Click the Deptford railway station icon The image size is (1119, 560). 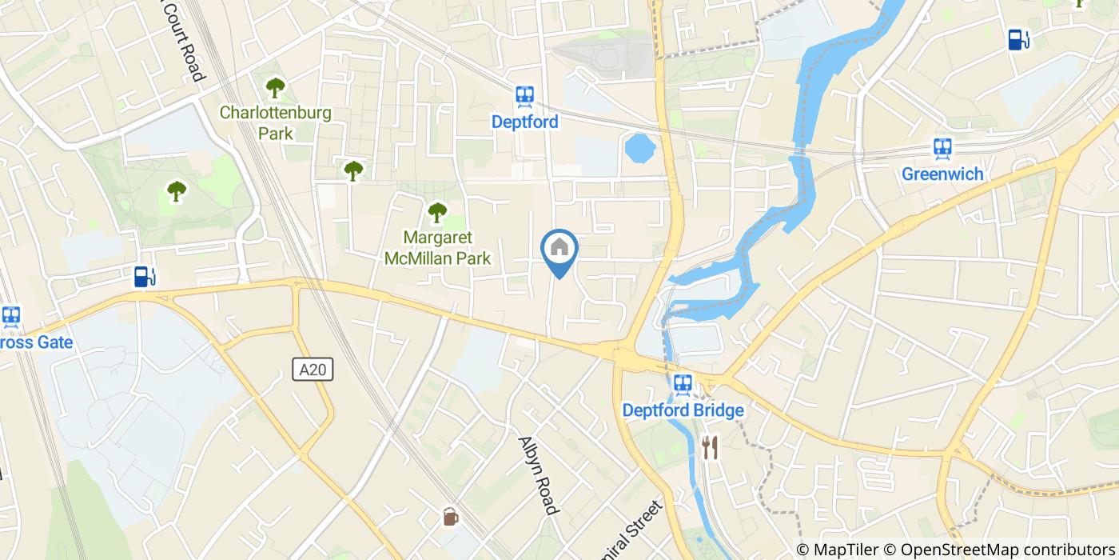pyautogui.click(x=525, y=97)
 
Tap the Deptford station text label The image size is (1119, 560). pyautogui.click(x=525, y=122)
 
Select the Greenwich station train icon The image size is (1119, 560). pyautogui.click(x=942, y=149)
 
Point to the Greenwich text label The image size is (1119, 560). pyautogui.click(x=942, y=174)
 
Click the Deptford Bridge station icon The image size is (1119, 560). pyautogui.click(x=683, y=385)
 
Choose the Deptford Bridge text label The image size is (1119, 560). pyautogui.click(x=683, y=410)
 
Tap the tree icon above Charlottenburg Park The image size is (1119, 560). pyautogui.click(x=275, y=86)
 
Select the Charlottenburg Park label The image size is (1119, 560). pyautogui.click(x=275, y=122)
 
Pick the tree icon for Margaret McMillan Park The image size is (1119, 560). pyautogui.click(x=436, y=212)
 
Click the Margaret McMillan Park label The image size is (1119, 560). pyautogui.click(x=436, y=248)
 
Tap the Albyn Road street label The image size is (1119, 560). pyautogui.click(x=537, y=475)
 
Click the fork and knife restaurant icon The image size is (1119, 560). pyautogui.click(x=710, y=447)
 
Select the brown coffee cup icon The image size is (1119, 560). pyautogui.click(x=451, y=517)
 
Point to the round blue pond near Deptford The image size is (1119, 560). pyautogui.click(x=639, y=148)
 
